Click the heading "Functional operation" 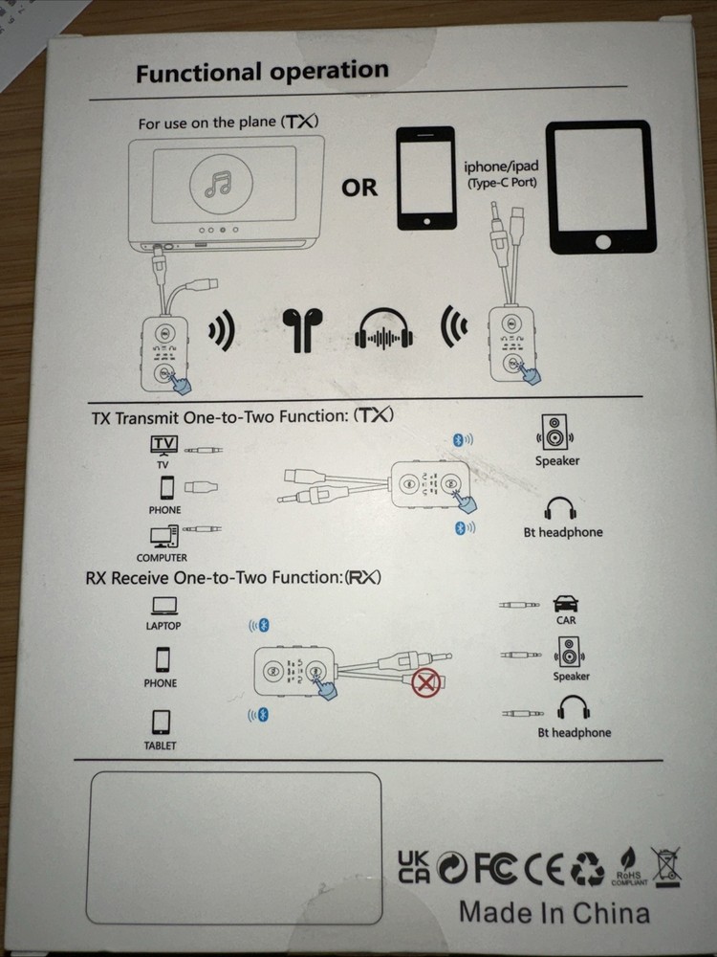coord(262,72)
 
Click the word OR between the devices coord(360,188)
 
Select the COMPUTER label coord(162,557)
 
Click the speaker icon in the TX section coord(555,433)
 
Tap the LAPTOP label coord(163,626)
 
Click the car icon coord(566,604)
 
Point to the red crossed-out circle coord(424,684)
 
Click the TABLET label coord(161,745)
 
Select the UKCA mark coord(413,866)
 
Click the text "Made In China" coord(554,912)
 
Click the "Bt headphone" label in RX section coord(574,732)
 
